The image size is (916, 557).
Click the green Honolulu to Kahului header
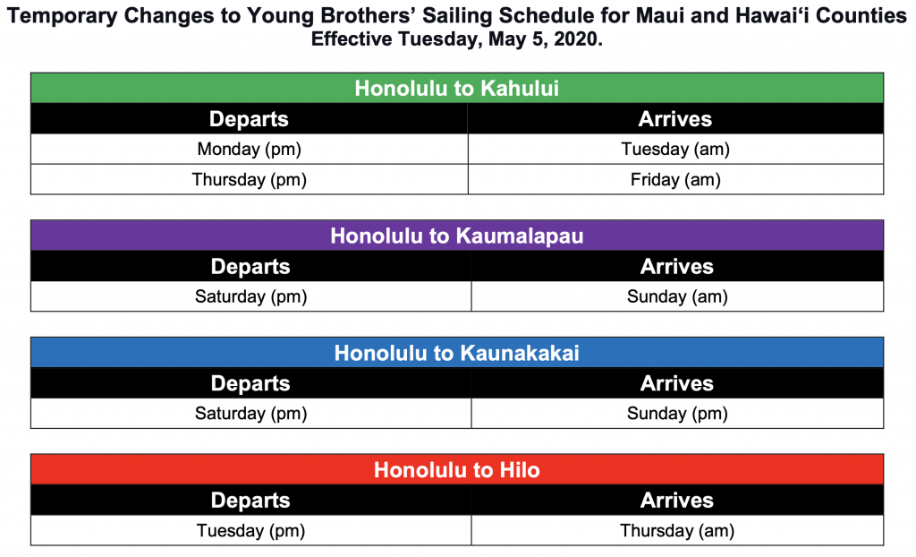457,89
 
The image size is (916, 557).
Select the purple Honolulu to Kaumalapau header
457,236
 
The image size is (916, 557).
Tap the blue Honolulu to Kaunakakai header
457,353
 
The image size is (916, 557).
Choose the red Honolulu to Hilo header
457,470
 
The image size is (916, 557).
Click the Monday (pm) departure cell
250,150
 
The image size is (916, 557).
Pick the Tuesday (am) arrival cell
676,150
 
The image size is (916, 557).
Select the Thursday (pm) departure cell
250,180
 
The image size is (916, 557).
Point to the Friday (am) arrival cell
676,180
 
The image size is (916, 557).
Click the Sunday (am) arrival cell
678,296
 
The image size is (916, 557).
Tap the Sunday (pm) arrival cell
678,414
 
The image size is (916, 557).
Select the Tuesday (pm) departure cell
251,531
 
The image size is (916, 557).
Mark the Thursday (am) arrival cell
678,531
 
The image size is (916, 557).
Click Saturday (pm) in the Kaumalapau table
251,296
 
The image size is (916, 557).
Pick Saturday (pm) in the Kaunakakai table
251,414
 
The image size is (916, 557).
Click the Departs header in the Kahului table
249,119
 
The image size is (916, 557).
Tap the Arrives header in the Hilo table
677,501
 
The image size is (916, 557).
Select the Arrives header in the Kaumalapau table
677,266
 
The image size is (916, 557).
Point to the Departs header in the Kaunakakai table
250,383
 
